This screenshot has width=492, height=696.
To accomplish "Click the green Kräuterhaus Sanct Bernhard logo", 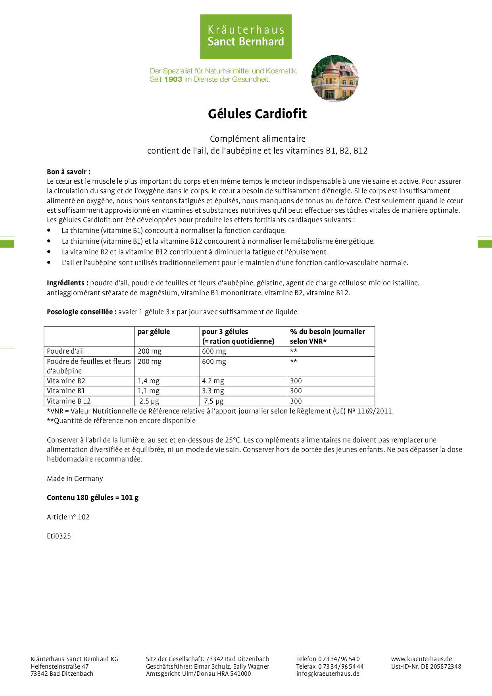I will pyautogui.click(x=246, y=37).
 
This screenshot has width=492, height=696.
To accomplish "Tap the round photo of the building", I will pyautogui.click(x=335, y=79).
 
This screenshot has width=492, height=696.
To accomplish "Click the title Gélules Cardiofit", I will pyautogui.click(x=257, y=114).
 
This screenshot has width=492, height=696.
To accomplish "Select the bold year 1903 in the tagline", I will pyautogui.click(x=173, y=79).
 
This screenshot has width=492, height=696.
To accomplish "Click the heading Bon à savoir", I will pyautogui.click(x=69, y=172).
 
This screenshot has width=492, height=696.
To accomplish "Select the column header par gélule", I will pyautogui.click(x=154, y=332).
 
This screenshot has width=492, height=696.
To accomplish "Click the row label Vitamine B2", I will pyautogui.click(x=66, y=381).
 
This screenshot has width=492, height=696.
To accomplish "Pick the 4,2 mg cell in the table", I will pyautogui.click(x=213, y=381).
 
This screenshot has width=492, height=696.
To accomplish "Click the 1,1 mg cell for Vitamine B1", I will pyautogui.click(x=148, y=391).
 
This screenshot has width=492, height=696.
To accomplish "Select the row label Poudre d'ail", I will pyautogui.click(x=65, y=351).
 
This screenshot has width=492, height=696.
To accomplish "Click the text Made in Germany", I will pyautogui.click(x=75, y=479).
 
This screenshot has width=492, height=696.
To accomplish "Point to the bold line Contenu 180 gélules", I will pyautogui.click(x=92, y=498).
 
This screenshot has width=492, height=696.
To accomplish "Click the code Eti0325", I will pyautogui.click(x=59, y=536).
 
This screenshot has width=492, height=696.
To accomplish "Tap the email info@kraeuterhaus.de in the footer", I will pyautogui.click(x=328, y=673).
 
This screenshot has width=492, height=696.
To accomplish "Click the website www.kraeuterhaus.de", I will pyautogui.click(x=421, y=659).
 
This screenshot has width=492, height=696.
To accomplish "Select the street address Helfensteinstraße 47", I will pyautogui.click(x=60, y=666).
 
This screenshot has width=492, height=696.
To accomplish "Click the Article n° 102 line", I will pyautogui.click(x=68, y=517).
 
